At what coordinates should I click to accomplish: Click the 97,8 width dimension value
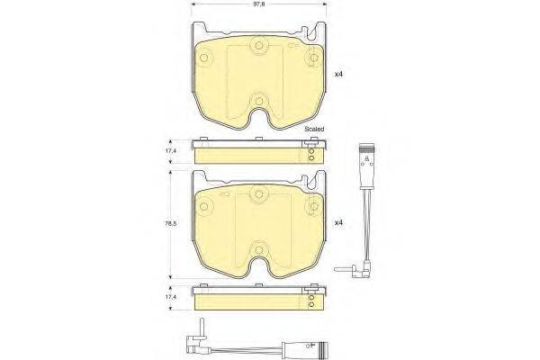259,4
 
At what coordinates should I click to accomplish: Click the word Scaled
314,130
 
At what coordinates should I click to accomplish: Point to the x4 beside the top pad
339,74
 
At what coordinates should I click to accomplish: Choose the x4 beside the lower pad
339,223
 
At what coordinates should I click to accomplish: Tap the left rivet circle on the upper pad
203,58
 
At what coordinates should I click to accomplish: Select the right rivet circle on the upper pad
314,58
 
